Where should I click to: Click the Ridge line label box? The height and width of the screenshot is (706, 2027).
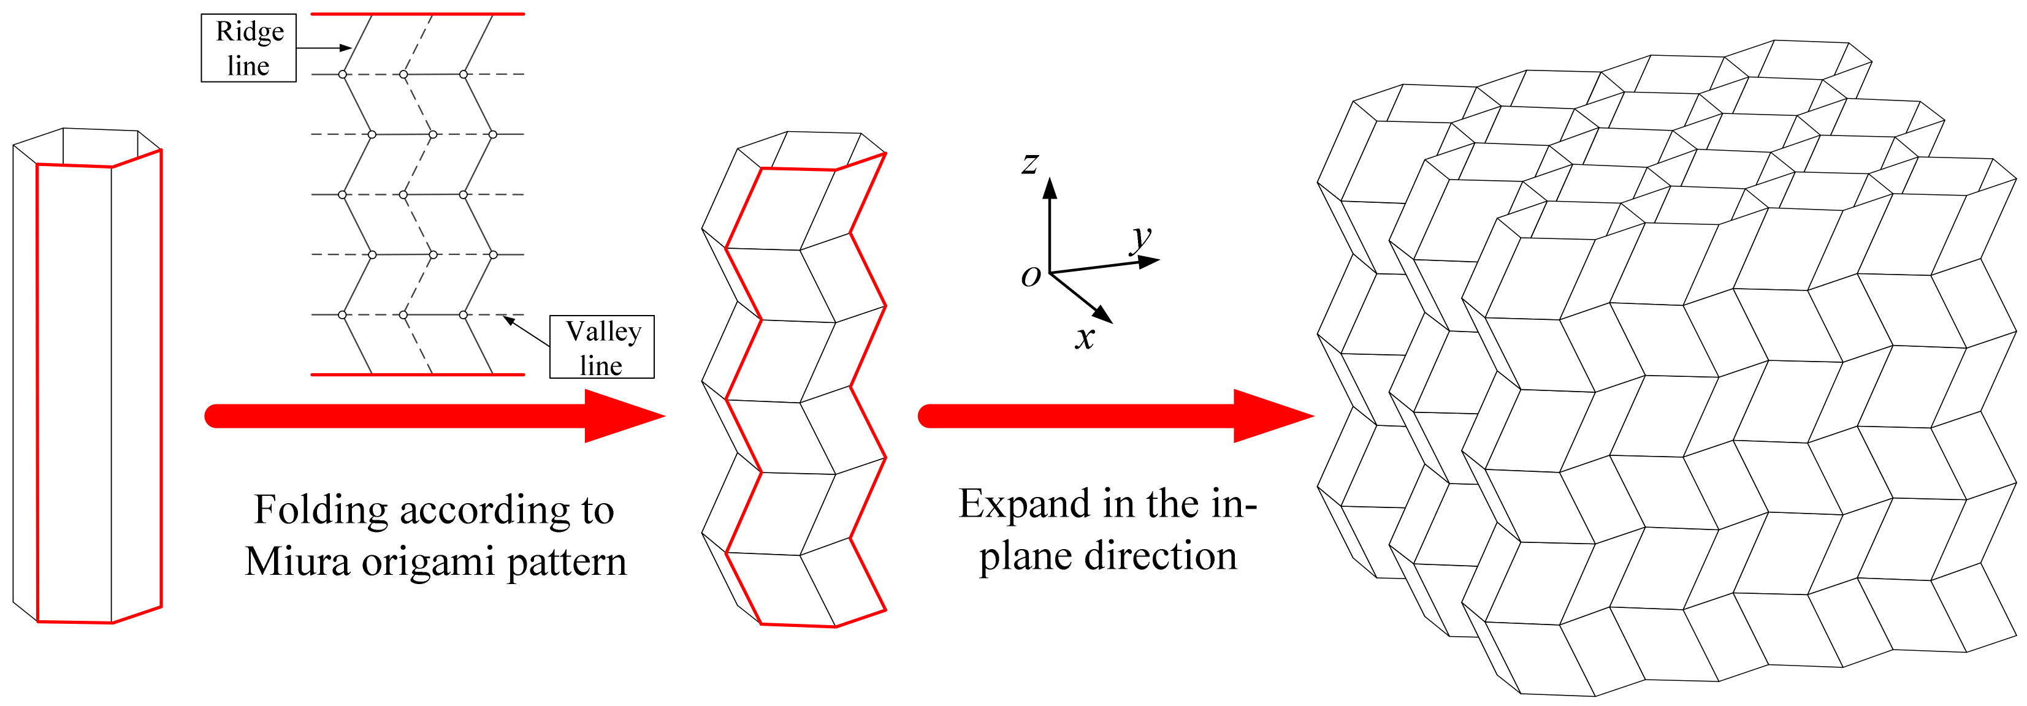(x=249, y=48)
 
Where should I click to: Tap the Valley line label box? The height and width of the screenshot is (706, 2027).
(x=602, y=347)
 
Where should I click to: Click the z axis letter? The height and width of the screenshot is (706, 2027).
(x=1031, y=164)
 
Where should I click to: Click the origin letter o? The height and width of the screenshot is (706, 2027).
(x=1031, y=276)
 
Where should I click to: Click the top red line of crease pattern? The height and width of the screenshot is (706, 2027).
(x=417, y=14)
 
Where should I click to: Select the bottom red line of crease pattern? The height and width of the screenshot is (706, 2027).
(x=417, y=374)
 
